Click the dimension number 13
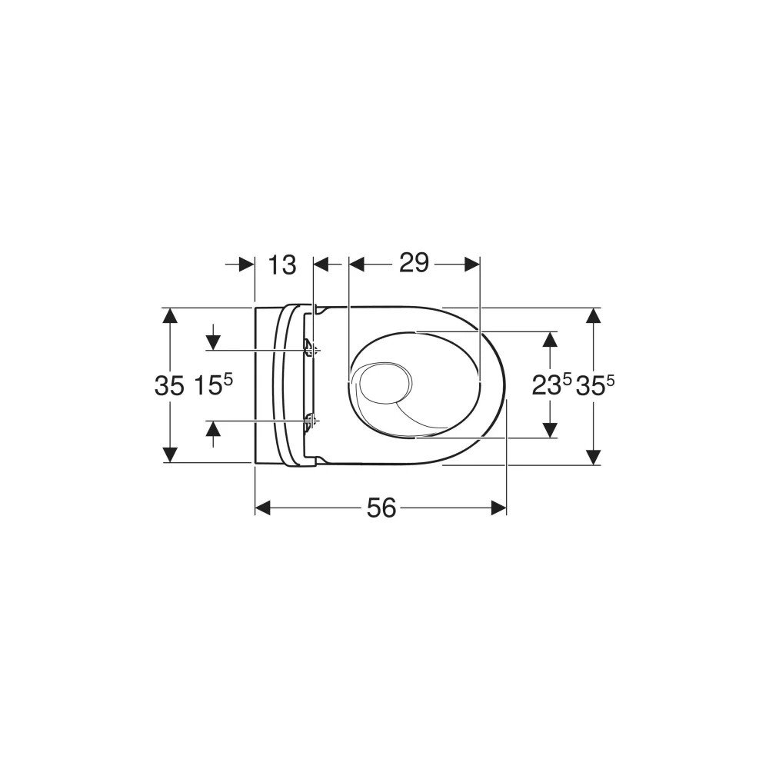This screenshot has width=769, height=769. (282, 265)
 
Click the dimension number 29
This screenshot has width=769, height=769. (414, 263)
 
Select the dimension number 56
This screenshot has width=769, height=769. (381, 508)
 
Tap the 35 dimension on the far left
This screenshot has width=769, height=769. (170, 385)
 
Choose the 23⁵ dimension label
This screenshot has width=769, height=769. (552, 384)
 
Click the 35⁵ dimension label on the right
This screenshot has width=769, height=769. (595, 384)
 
